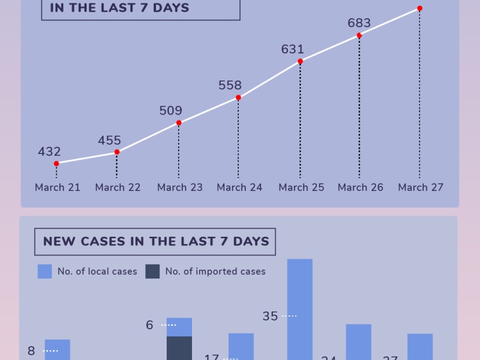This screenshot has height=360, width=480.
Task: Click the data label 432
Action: click(49, 152)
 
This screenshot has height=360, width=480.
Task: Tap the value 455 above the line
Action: click(109, 141)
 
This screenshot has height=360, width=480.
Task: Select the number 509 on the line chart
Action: click(171, 111)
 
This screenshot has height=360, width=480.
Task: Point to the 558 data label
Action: click(230, 86)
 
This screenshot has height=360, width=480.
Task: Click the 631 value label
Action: click(293, 50)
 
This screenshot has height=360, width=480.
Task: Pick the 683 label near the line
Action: click(359, 24)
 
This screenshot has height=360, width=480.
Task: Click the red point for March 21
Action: click(56, 164)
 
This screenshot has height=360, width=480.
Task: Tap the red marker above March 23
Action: click(179, 123)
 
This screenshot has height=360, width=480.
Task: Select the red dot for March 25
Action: click(300, 61)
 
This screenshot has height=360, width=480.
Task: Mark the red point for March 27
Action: click(419, 9)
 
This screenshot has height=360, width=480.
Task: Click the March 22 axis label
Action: click(118, 188)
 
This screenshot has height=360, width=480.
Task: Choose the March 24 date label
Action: click(239, 188)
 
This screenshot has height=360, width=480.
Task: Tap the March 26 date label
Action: click(360, 188)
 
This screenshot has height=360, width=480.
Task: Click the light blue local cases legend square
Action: click(45, 271)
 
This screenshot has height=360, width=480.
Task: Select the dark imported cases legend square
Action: click(153, 271)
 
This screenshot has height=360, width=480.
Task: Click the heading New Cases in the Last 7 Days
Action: click(156, 241)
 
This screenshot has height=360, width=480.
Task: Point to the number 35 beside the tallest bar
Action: click(270, 317)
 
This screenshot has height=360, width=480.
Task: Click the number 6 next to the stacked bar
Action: click(150, 325)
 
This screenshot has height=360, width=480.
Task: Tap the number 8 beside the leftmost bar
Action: click(31, 351)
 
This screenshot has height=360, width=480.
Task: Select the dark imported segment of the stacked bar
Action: click(179, 348)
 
